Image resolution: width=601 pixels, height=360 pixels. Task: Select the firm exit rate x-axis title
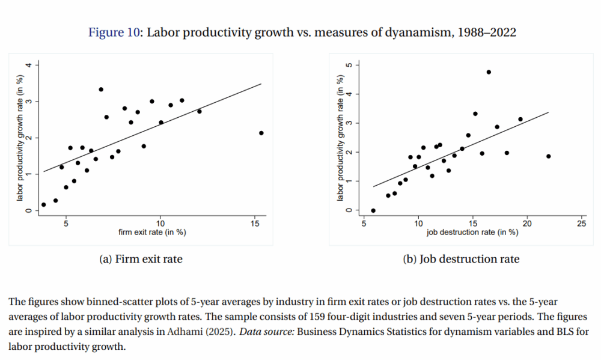[x=153, y=233]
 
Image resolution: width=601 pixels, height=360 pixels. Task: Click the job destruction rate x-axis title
[x=472, y=233]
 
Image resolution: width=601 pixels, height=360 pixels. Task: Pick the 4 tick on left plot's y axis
[x=27, y=64]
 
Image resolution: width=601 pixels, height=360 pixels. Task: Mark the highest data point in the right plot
[x=489, y=72]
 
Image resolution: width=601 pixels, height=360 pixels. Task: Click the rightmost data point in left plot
[x=261, y=133]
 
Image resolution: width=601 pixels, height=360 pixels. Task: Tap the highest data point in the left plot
[x=101, y=90]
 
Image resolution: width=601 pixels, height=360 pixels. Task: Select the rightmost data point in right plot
[x=548, y=156]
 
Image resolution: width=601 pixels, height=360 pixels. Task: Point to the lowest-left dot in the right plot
[x=373, y=210]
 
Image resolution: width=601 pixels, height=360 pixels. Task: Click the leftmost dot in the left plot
[x=43, y=204]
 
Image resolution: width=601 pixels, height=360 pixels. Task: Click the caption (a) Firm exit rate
[x=141, y=259]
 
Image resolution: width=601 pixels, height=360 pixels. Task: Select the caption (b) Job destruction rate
[x=462, y=259]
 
